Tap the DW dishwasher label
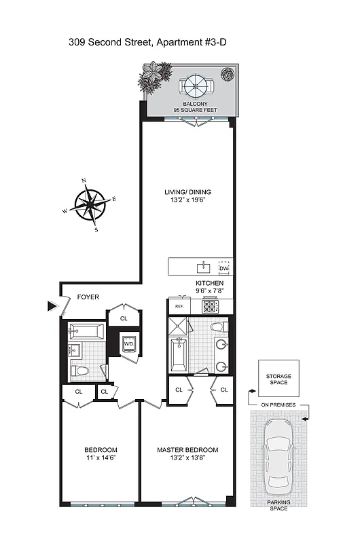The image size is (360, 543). point(223,269)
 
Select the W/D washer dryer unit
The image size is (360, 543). point(128,343)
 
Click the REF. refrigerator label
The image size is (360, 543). point(179,306)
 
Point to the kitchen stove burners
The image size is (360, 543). point(209,307)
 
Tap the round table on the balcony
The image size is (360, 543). point(196,86)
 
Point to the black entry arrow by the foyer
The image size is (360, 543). point(52,306)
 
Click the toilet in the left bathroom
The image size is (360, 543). point(82,371)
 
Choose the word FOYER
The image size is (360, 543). point(88,297)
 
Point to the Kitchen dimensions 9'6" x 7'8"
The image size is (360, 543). point(209,291)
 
